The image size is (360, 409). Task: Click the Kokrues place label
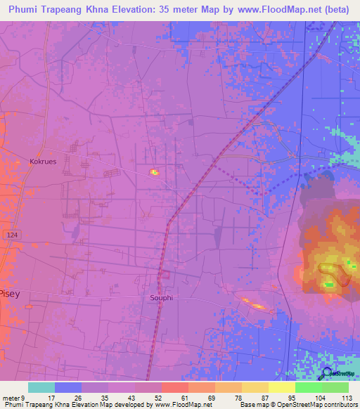(x=42, y=161)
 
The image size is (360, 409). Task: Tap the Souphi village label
(x=161, y=297)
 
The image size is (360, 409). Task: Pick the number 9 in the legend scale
(x=23, y=397)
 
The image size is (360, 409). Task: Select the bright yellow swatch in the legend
(x=281, y=387)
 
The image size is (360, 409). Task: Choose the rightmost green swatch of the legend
(x=335, y=387)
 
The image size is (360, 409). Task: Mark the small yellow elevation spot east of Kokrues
(x=153, y=171)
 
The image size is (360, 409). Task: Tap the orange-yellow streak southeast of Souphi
(x=254, y=304)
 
